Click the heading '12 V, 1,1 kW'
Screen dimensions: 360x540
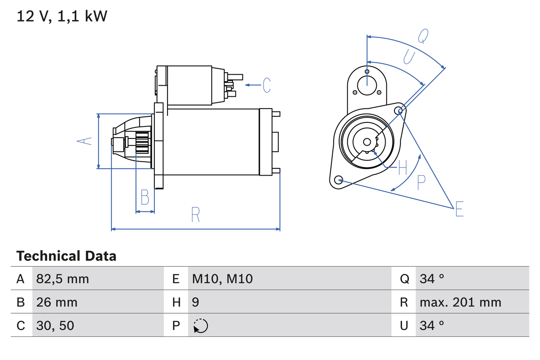tap(62, 16)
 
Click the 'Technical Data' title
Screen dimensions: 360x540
tap(66, 256)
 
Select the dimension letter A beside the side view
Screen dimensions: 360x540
tap(86, 141)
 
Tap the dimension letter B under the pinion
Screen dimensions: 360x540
tap(145, 198)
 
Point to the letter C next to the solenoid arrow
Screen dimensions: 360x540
tap(266, 85)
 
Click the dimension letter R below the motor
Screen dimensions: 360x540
tap(195, 215)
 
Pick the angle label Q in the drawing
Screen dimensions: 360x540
tap(423, 36)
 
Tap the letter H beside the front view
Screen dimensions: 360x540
tap(402, 168)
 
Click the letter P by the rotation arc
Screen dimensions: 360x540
tap(421, 183)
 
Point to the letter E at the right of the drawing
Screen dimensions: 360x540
tap(459, 209)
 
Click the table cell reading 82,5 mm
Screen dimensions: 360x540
tap(62, 279)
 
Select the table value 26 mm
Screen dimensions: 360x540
tap(57, 302)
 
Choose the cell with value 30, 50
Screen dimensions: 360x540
tap(55, 325)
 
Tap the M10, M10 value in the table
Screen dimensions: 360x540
tap(222, 279)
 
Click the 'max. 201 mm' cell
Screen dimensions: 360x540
tap(460, 302)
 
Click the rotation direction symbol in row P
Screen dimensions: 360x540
tap(200, 326)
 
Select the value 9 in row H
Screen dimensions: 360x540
tap(196, 302)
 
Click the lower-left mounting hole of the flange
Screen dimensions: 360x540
tap(338, 180)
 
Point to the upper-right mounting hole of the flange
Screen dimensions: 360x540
tap(399, 111)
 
